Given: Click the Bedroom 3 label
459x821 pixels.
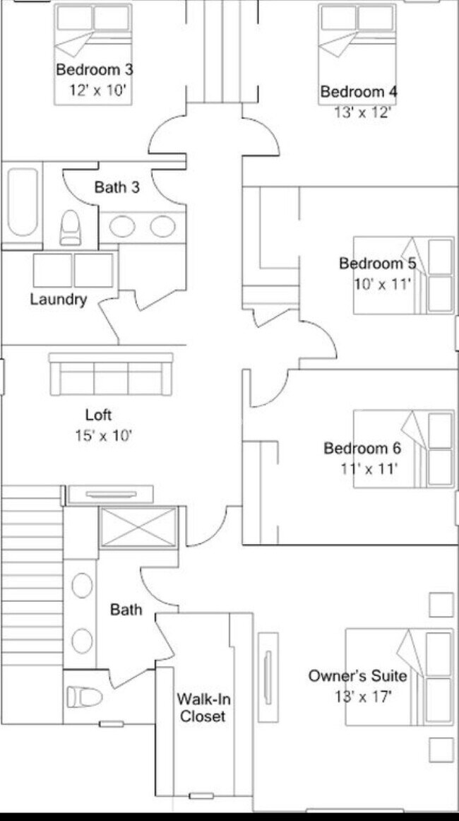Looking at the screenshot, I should [x=95, y=70].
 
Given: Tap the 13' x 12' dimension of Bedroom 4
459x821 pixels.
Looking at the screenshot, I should [x=362, y=112].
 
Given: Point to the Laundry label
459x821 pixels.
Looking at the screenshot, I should [x=58, y=299].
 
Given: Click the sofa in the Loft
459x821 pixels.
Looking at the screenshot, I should [x=111, y=374].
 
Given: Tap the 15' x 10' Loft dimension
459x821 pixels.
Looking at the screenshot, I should [x=103, y=435].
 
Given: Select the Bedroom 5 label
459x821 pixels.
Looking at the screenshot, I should [x=377, y=264].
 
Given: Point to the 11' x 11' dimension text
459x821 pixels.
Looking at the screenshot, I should [x=369, y=467].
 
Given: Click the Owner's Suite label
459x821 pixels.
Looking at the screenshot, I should [x=357, y=676].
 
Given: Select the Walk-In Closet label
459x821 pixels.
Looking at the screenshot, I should [x=203, y=707].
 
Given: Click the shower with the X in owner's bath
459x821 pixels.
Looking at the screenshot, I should [x=138, y=527].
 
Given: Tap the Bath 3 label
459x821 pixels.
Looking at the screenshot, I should [x=117, y=187].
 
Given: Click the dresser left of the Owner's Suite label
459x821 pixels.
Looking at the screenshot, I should [x=268, y=677].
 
